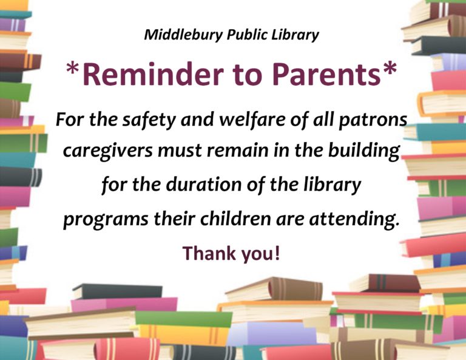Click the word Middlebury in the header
[x=183, y=35]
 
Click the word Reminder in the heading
[x=153, y=74]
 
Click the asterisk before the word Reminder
[x=72, y=69]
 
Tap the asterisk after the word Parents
[x=390, y=69]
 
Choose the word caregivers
[x=108, y=151]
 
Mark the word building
[x=364, y=151]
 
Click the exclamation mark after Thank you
[x=277, y=253]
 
